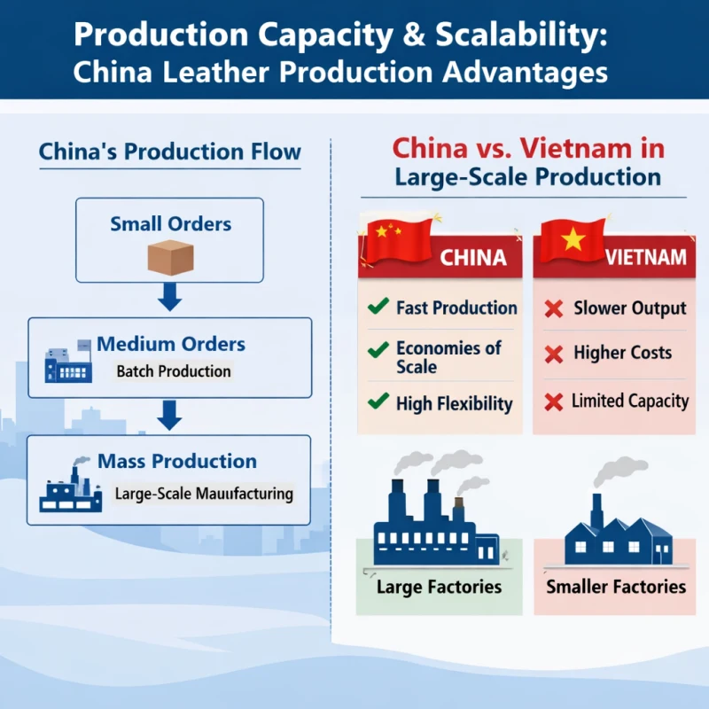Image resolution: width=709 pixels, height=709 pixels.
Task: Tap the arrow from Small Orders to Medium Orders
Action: click(x=169, y=298)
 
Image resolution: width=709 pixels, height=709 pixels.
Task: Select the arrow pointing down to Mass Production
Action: click(x=169, y=414)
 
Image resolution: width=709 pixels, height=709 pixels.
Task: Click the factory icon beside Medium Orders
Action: click(x=68, y=362)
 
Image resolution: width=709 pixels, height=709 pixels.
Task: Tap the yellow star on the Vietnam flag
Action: click(x=573, y=238)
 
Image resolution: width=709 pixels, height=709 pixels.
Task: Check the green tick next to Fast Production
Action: click(x=378, y=308)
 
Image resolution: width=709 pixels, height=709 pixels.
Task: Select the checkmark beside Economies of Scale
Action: click(x=378, y=349)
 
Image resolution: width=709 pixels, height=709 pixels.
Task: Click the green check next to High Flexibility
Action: click(x=378, y=401)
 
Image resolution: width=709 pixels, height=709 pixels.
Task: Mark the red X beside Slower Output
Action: click(x=554, y=309)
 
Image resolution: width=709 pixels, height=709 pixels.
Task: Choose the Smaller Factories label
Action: click(x=616, y=587)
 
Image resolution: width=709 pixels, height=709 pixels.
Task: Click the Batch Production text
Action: click(x=174, y=371)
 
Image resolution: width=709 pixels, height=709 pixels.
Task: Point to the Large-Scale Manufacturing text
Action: click(x=204, y=494)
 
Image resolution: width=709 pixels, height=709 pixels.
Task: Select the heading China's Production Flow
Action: click(x=169, y=152)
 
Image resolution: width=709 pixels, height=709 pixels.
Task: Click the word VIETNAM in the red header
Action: click(x=646, y=257)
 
